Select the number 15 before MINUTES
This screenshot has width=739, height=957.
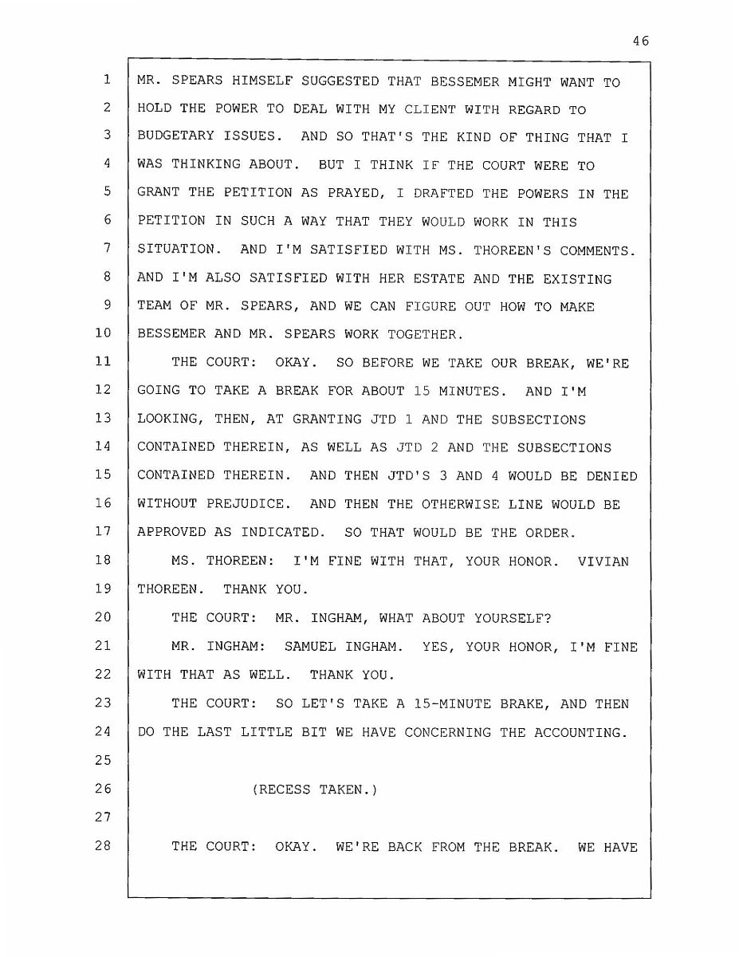422,391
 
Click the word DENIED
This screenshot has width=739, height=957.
611,475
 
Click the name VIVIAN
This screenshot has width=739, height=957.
603,561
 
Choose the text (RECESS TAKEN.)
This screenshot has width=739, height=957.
314,790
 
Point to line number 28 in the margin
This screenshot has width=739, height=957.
103,845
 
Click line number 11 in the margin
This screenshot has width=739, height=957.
103,362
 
